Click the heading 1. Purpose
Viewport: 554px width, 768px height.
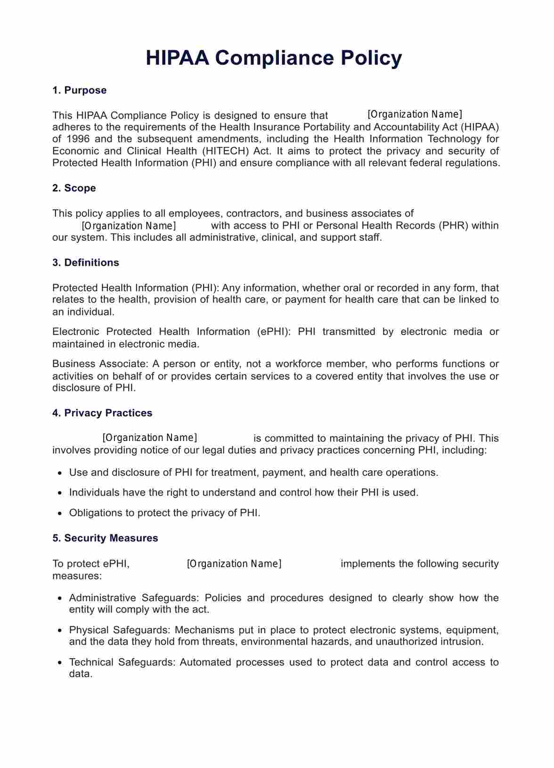pyautogui.click(x=79, y=90)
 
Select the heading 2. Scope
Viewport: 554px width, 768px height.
pyautogui.click(x=74, y=188)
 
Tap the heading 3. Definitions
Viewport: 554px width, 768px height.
pyautogui.click(x=85, y=262)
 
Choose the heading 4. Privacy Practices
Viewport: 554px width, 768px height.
pyautogui.click(x=102, y=413)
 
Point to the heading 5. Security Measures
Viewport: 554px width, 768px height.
pyautogui.click(x=105, y=538)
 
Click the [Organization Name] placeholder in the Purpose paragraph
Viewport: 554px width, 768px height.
pyautogui.click(x=415, y=114)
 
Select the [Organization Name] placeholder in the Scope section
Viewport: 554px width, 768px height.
pyautogui.click(x=129, y=226)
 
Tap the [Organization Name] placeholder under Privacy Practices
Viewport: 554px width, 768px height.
pyautogui.click(x=150, y=438)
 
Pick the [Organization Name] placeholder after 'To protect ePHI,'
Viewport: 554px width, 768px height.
pyautogui.click(x=234, y=564)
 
